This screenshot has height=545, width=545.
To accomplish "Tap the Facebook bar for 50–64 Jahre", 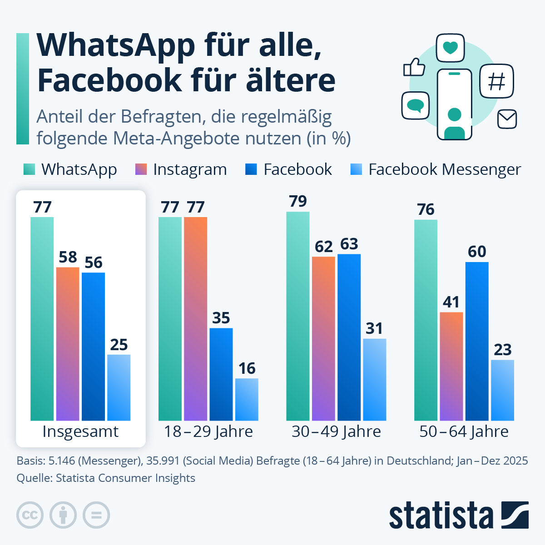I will (477, 341).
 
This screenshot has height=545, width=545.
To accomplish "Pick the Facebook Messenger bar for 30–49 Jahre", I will (374, 380).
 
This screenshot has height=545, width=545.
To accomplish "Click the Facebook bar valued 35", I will (221, 374).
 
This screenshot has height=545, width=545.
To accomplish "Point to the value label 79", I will (298, 201).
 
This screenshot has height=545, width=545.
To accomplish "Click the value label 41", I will (451, 302).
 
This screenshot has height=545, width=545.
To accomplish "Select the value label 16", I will (247, 368).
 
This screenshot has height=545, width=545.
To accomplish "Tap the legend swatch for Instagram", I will (141, 169).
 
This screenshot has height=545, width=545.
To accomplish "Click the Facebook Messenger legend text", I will (444, 169).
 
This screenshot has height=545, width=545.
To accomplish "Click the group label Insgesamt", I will (80, 431).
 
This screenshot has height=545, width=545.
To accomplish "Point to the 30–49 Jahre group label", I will (336, 431).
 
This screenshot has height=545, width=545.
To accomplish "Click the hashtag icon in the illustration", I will (496, 81).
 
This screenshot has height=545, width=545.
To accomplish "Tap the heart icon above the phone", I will (450, 48).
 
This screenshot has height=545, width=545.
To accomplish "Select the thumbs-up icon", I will (414, 68).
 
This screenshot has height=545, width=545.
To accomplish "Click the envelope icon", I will (507, 119).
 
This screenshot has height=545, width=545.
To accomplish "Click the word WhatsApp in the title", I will (116, 45).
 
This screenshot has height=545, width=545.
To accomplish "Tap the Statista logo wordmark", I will (441, 515).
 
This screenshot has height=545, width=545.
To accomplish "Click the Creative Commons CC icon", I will (30, 515).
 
